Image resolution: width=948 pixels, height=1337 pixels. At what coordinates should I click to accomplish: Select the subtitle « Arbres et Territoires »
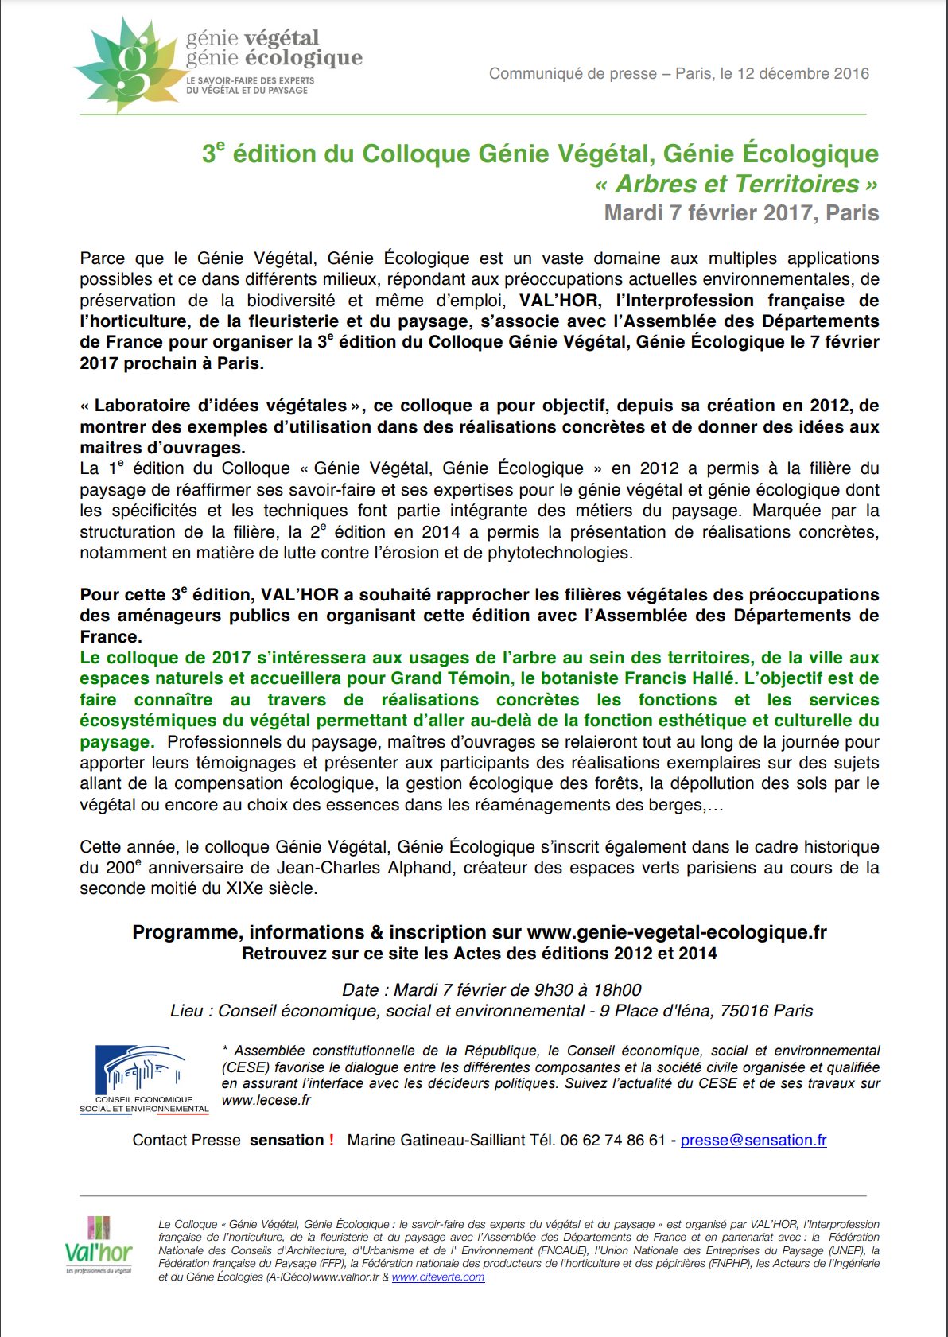[736, 184]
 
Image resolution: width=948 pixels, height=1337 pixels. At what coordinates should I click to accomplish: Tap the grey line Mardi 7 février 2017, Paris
[741, 213]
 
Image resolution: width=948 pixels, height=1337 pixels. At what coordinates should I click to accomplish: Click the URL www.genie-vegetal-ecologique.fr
[677, 932]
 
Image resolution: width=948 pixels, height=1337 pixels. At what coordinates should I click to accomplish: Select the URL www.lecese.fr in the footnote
[266, 1101]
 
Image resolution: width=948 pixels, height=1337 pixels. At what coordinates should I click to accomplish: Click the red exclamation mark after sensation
[331, 1141]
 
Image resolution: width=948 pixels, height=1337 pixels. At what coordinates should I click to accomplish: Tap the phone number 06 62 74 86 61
[612, 1141]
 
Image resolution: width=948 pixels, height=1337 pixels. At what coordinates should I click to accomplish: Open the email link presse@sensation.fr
[753, 1141]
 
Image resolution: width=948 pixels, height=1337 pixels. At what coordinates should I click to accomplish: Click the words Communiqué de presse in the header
[573, 74]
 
